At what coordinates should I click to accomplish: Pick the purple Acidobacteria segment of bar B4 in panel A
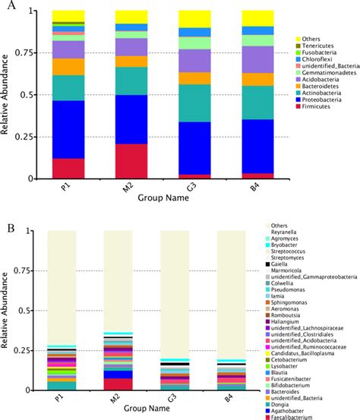click(258, 59)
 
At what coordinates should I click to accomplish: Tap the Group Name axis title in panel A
click(163, 197)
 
